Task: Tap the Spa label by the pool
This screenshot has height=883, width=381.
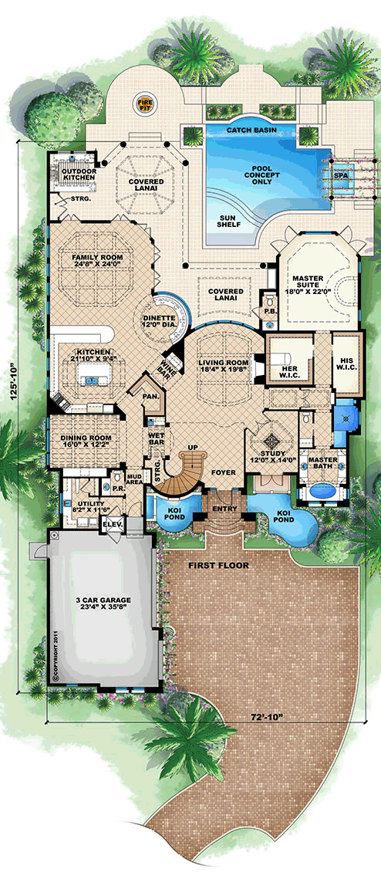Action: (x=340, y=175)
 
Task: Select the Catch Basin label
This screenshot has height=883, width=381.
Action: (x=252, y=132)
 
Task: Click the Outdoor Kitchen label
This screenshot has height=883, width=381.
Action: (x=79, y=174)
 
